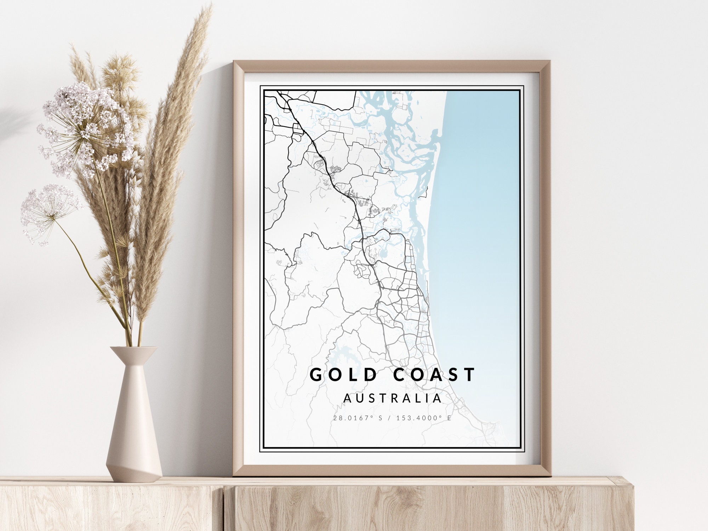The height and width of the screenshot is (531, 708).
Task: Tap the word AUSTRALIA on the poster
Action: (x=393, y=398)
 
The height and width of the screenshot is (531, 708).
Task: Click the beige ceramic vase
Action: (x=134, y=425)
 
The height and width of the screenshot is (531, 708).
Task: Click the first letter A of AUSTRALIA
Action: (x=348, y=398)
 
